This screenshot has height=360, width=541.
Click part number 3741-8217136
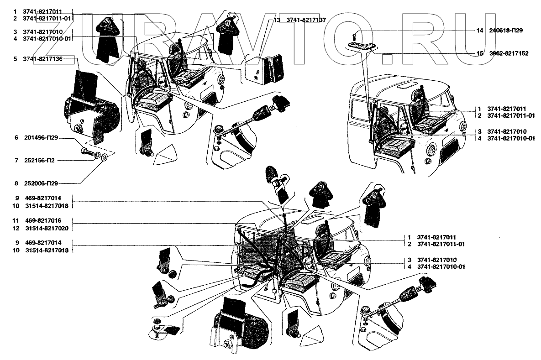click(x=43, y=59)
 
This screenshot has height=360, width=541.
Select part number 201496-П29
click(x=41, y=138)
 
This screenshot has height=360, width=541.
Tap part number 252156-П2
click(x=39, y=160)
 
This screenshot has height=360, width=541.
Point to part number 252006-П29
click(x=41, y=183)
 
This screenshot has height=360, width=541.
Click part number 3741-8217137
click(x=306, y=21)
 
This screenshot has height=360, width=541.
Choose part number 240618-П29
click(x=506, y=31)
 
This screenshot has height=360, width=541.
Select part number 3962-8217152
click(x=509, y=53)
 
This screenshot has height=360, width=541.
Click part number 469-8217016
click(x=43, y=220)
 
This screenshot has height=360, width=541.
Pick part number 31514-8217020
click(x=47, y=228)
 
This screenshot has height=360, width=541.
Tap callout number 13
click(x=277, y=21)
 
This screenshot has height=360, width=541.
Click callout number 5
click(x=15, y=59)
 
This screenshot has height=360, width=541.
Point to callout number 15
click(x=479, y=53)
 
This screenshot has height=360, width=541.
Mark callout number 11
click(x=16, y=220)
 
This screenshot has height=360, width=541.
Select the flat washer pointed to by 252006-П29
click(x=105, y=158)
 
